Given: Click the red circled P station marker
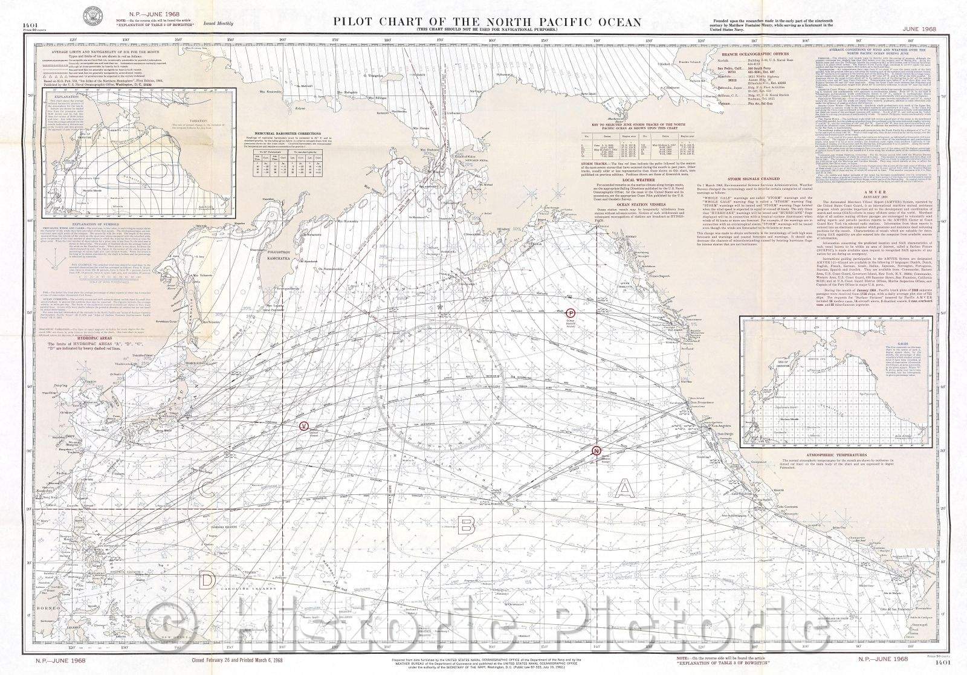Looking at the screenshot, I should click(x=570, y=313).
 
